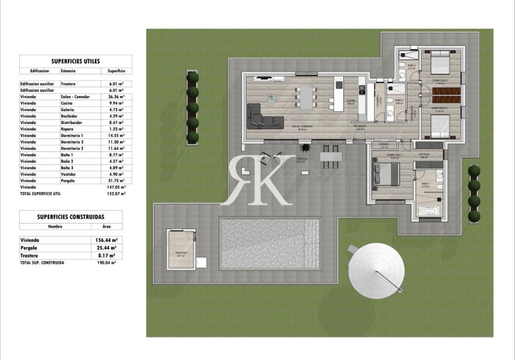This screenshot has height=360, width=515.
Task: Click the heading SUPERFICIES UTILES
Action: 70,60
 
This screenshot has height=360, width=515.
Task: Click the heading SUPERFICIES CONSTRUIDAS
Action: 70,216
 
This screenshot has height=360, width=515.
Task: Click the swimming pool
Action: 270,243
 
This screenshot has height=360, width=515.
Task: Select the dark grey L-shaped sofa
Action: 263,118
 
